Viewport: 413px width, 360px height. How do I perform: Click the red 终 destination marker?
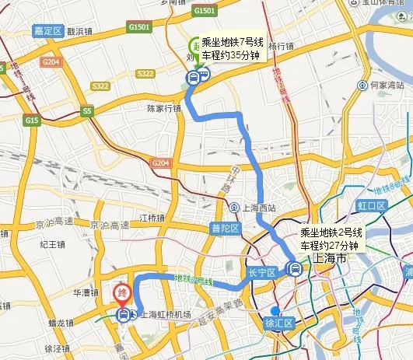122,293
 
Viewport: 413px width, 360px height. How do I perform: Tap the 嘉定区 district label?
47,30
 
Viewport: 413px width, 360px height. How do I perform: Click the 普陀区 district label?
226,228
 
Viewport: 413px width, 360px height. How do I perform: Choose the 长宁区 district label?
261,273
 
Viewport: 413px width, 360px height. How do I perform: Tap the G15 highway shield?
32,121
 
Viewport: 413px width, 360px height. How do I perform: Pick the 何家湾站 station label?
387,85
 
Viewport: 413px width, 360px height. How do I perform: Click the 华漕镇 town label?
84,293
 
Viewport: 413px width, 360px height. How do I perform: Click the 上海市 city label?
329,258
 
